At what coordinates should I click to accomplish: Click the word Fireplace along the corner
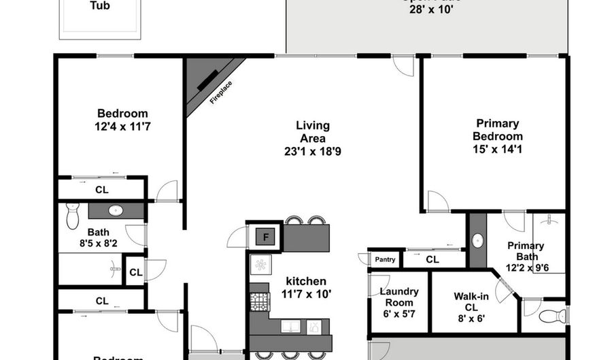click(x=221, y=92)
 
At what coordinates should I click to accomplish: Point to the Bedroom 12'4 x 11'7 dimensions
click(x=122, y=127)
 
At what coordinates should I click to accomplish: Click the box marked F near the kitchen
click(x=263, y=237)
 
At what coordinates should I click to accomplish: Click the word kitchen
click(x=305, y=281)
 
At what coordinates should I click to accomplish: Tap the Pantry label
click(x=385, y=259)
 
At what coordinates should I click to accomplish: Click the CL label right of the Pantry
click(x=432, y=259)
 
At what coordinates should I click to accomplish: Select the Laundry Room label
click(x=399, y=297)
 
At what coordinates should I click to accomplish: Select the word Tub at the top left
click(x=101, y=6)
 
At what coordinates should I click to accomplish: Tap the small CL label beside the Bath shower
click(x=135, y=272)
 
